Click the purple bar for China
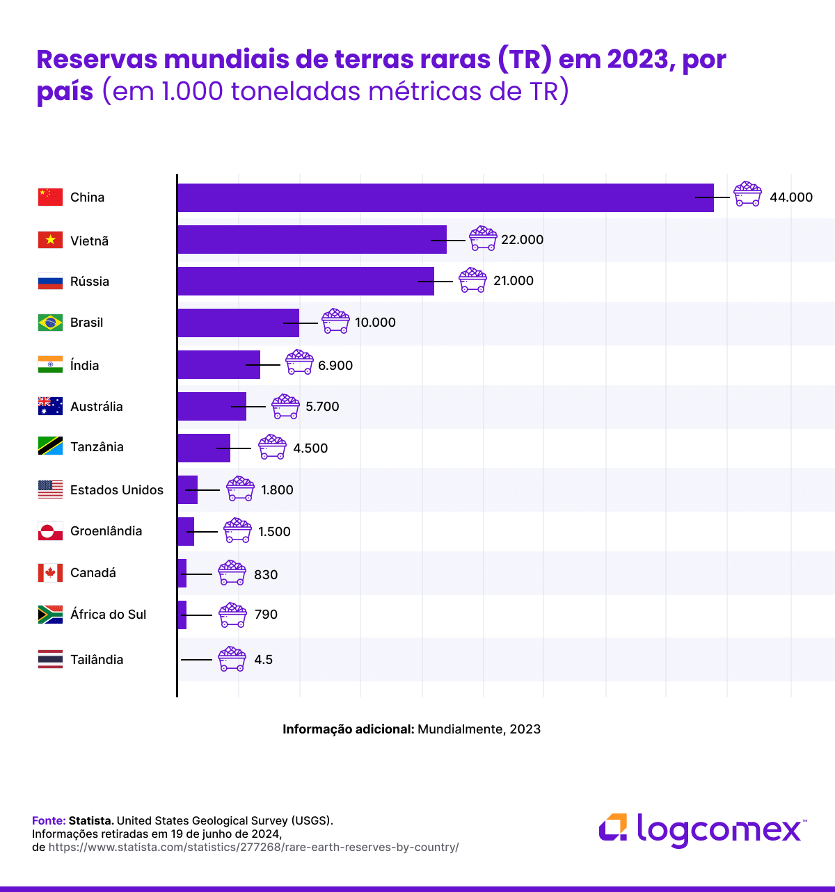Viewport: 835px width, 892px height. (x=445, y=197)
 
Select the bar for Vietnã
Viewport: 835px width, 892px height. (x=312, y=239)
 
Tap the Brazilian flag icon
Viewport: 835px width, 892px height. (x=50, y=323)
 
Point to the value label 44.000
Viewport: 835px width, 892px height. (x=790, y=197)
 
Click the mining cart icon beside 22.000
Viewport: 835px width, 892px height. (x=483, y=238)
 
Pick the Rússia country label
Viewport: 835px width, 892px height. (x=90, y=282)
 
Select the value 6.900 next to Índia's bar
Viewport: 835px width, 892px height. (x=335, y=366)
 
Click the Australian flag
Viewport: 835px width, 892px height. (x=50, y=406)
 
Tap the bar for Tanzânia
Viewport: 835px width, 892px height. (x=203, y=448)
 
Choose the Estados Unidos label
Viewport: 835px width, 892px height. (x=117, y=490)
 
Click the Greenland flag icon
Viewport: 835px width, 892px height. (x=50, y=531)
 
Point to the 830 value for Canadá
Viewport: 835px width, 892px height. (x=266, y=575)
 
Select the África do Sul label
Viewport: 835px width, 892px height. (x=109, y=615)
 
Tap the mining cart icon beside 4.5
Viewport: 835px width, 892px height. (x=232, y=658)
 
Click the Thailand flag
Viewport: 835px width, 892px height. (x=50, y=659)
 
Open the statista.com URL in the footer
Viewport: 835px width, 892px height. (x=253, y=848)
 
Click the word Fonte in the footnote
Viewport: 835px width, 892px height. (x=48, y=820)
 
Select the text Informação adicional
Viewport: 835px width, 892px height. (x=348, y=729)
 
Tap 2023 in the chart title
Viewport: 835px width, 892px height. (x=637, y=60)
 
